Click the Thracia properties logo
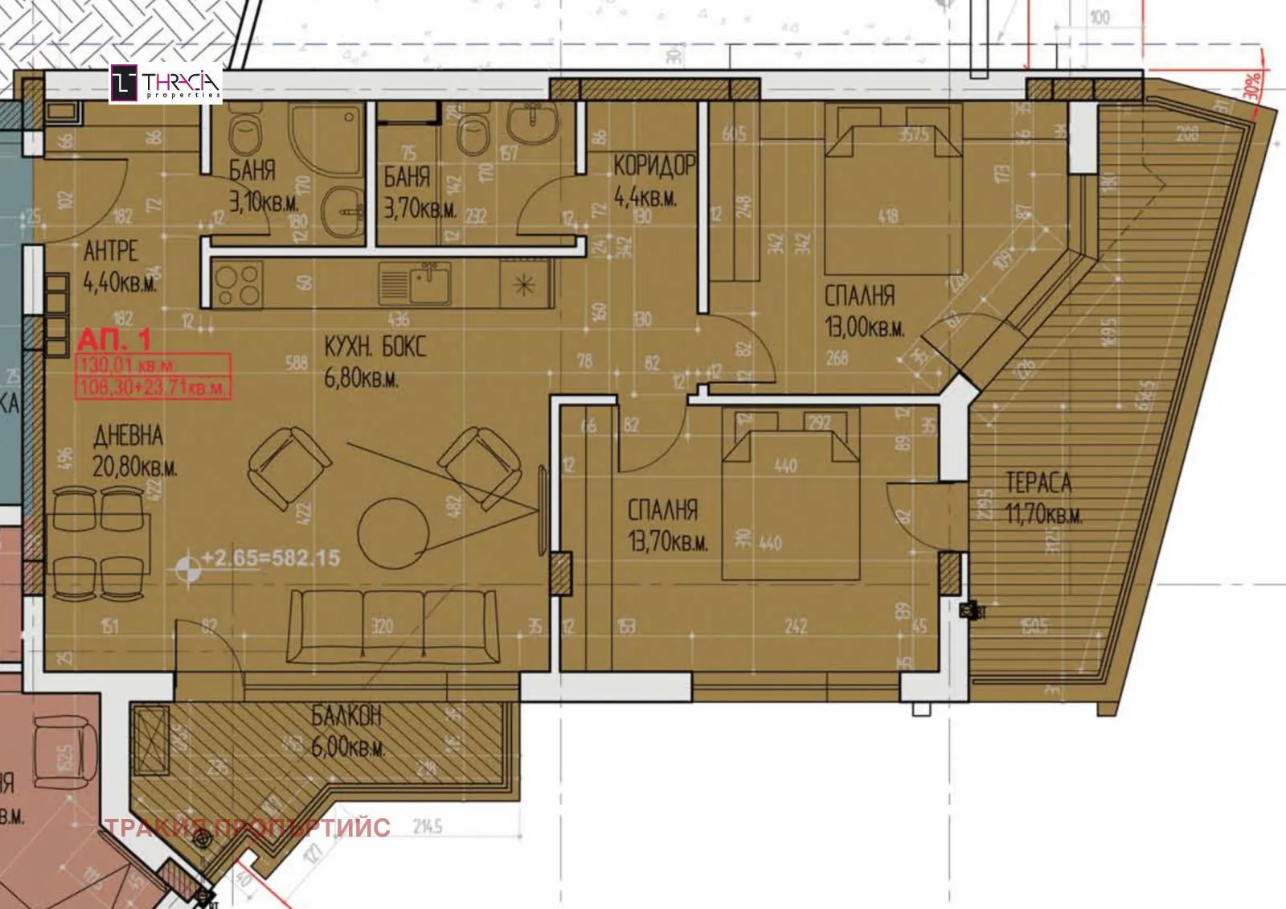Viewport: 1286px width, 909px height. (166, 84)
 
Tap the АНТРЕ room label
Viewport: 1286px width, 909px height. (110, 251)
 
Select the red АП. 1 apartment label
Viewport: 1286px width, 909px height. (114, 339)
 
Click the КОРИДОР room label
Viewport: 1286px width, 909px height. (653, 166)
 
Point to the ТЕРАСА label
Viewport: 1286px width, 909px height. (1038, 483)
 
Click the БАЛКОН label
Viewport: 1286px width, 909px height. (346, 715)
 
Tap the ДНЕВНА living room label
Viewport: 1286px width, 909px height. (129, 436)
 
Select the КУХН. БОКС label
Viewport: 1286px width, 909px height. (375, 348)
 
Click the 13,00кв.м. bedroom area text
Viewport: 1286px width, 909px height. (864, 328)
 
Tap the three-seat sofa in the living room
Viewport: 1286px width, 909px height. (393, 627)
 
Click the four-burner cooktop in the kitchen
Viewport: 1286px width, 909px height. (239, 285)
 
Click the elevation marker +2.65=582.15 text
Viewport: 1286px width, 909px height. (270, 557)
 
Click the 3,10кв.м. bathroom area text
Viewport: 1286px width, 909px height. (263, 202)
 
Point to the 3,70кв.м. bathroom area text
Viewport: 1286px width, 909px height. (419, 210)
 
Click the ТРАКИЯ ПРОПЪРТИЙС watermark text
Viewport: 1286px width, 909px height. (248, 827)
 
